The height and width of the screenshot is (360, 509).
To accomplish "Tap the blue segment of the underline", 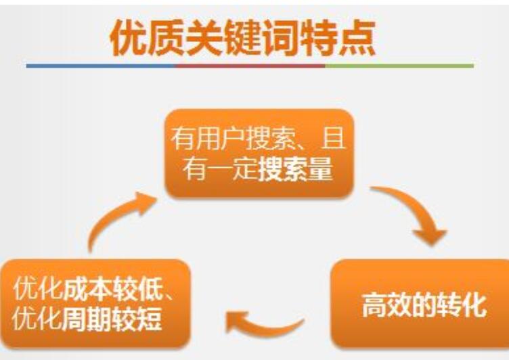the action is point(101,66).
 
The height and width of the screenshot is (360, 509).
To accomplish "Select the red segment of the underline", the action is point(250,66).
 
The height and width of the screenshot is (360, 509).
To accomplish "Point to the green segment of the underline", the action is point(399,66).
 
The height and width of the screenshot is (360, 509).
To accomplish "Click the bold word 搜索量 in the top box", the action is point(295,168).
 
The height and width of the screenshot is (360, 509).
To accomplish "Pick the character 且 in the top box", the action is point(333,139).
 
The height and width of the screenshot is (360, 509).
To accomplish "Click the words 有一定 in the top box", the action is point(220,168).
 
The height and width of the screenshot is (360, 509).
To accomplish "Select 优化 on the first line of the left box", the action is point(38,288).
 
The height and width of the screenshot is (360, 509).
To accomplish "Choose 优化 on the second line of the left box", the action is point(37,319).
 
